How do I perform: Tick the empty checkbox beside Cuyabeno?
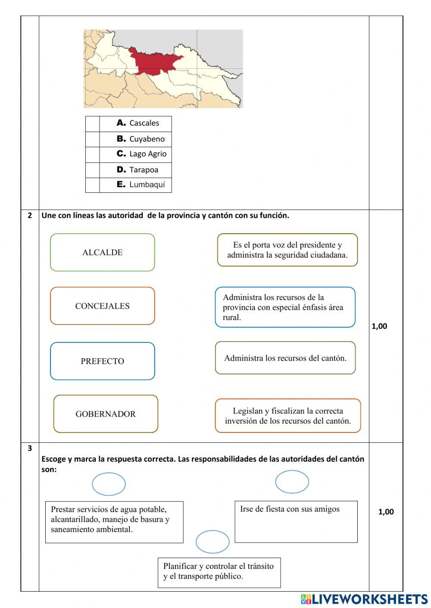93,139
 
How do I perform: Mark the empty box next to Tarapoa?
93,170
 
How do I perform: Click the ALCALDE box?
102,253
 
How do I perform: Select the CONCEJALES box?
102,306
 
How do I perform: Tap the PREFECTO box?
102,361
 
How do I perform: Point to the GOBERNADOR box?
106,414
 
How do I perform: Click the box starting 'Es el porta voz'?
287,250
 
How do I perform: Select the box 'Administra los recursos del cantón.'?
285,358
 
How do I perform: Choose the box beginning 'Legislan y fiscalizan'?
287,416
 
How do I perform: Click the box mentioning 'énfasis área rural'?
285,307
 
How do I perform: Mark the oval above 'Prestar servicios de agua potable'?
109,484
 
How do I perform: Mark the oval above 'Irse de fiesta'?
292,481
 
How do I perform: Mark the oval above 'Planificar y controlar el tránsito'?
212,542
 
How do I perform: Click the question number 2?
30,216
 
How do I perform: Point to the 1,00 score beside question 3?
386,512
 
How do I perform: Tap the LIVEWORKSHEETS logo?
364,599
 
